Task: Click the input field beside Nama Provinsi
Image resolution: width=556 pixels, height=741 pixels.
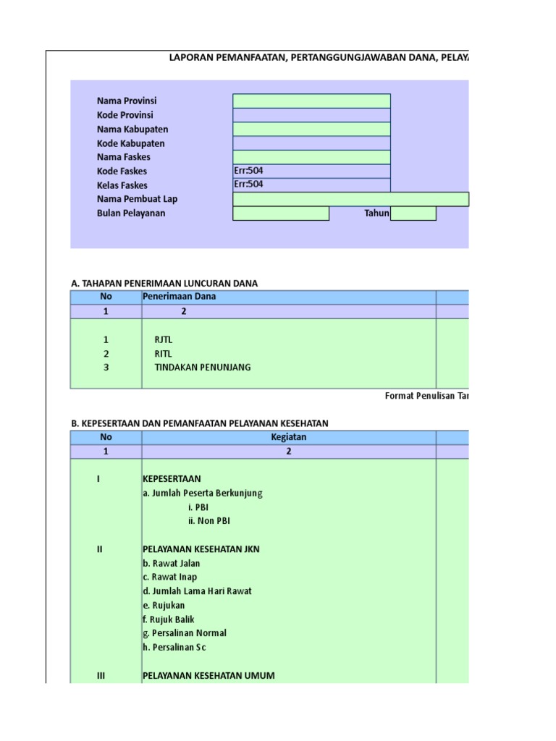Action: [311, 101]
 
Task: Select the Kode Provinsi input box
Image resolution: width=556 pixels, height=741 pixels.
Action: [311, 115]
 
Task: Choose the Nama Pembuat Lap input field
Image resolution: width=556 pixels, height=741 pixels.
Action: [350, 199]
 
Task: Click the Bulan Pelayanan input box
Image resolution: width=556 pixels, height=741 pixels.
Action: [281, 213]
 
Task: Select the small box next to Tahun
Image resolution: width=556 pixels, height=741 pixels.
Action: [413, 213]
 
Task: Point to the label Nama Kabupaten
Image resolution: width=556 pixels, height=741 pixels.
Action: [132, 129]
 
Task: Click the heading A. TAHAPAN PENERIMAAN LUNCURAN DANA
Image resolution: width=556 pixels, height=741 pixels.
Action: [164, 283]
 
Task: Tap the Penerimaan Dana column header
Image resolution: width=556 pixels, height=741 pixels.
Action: [180, 297]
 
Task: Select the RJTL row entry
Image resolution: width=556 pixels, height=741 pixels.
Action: [164, 339]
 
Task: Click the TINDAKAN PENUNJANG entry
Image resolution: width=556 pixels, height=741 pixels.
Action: [203, 368]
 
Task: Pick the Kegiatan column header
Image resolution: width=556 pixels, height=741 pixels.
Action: [288, 437]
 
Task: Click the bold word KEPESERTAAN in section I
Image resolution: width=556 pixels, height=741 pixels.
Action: [172, 479]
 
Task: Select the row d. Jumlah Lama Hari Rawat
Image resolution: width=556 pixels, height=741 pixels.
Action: [197, 591]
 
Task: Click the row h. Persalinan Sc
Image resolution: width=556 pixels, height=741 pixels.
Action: [174, 648]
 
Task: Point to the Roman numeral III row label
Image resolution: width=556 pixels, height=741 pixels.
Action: [101, 676]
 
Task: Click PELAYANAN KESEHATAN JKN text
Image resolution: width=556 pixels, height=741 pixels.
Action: [201, 549]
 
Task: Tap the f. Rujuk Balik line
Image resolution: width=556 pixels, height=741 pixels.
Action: [169, 619]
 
